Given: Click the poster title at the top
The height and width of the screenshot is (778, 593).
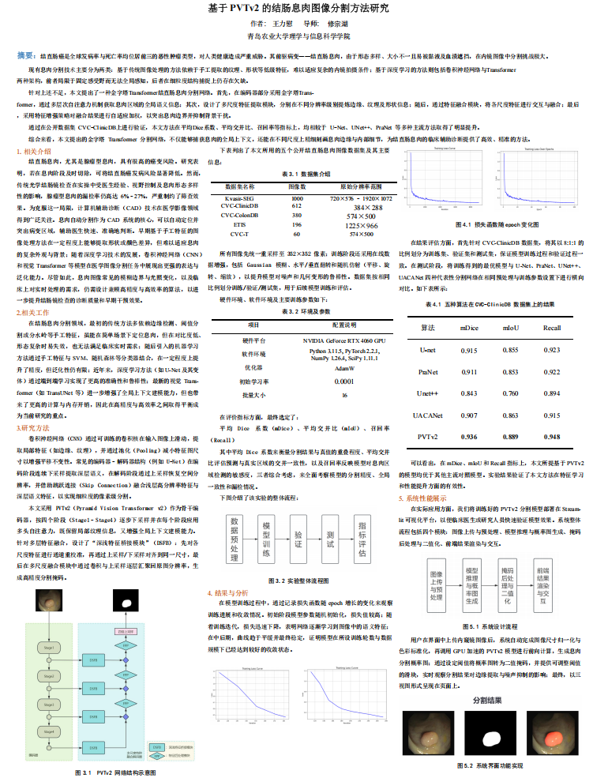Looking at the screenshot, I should click(296, 9).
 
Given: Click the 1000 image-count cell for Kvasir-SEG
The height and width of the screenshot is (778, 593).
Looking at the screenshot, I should click(297, 198).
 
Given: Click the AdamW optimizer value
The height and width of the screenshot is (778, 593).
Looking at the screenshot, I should click(344, 367).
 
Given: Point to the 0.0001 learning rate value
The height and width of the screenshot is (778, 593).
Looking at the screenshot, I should click(343, 381).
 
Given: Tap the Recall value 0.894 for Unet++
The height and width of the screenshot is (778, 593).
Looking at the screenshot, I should click(552, 393).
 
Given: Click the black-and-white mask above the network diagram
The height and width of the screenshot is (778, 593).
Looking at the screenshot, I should click(125, 603).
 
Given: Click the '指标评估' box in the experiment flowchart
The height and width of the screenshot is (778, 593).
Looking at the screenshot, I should click(362, 534).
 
